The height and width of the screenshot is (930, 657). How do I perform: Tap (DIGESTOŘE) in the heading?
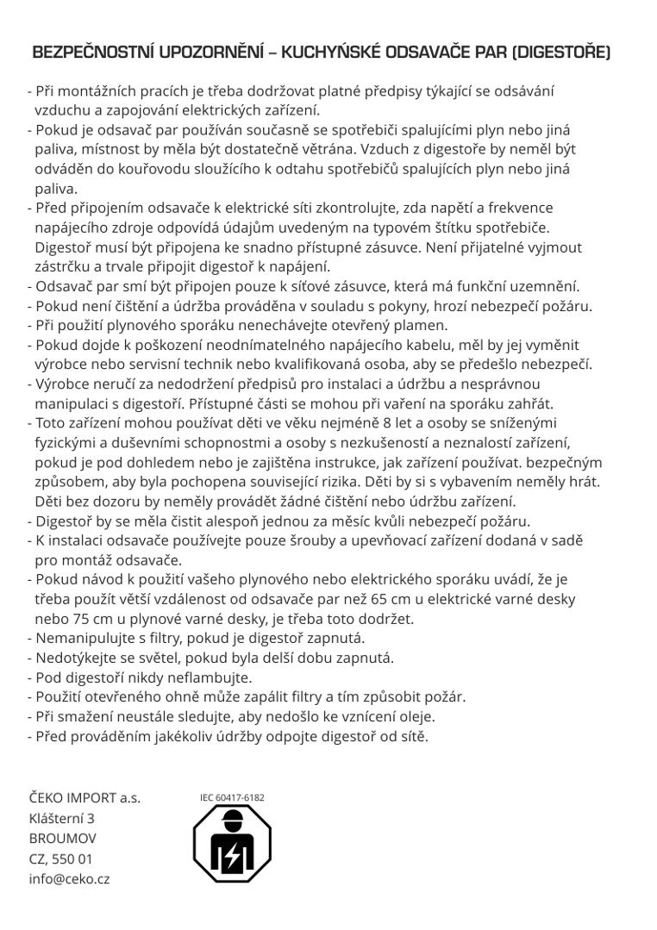[561, 53]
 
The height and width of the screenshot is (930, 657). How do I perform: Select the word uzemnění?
[544, 286]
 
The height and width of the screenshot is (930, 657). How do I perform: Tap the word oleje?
[415, 716]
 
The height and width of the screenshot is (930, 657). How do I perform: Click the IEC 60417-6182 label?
[232, 797]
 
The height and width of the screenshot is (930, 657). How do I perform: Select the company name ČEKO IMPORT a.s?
[84, 797]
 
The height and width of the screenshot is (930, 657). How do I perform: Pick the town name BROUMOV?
[63, 838]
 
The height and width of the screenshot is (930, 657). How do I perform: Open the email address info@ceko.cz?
[69, 879]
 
